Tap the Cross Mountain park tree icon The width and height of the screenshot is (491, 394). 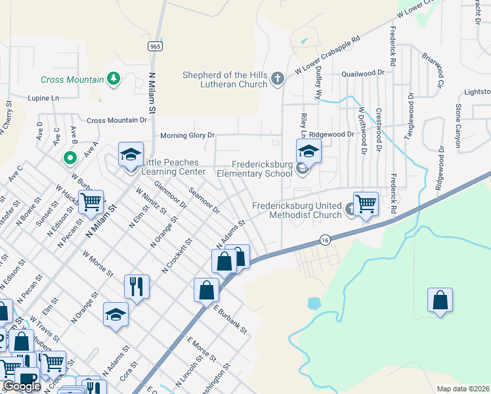(114, 79)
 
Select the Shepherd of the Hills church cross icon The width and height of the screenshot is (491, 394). (277, 79)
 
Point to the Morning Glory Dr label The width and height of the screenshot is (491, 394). (188, 135)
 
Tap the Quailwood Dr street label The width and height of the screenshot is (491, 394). (362, 73)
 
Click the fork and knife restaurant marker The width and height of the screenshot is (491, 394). (137, 286)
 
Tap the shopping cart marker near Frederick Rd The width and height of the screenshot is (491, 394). (366, 203)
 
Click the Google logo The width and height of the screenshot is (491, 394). (22, 386)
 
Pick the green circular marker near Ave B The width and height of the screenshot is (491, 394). (69, 158)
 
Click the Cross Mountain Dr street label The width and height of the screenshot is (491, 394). (117, 120)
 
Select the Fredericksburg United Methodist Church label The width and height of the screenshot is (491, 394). (297, 210)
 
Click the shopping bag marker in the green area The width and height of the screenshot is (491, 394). (440, 300)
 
